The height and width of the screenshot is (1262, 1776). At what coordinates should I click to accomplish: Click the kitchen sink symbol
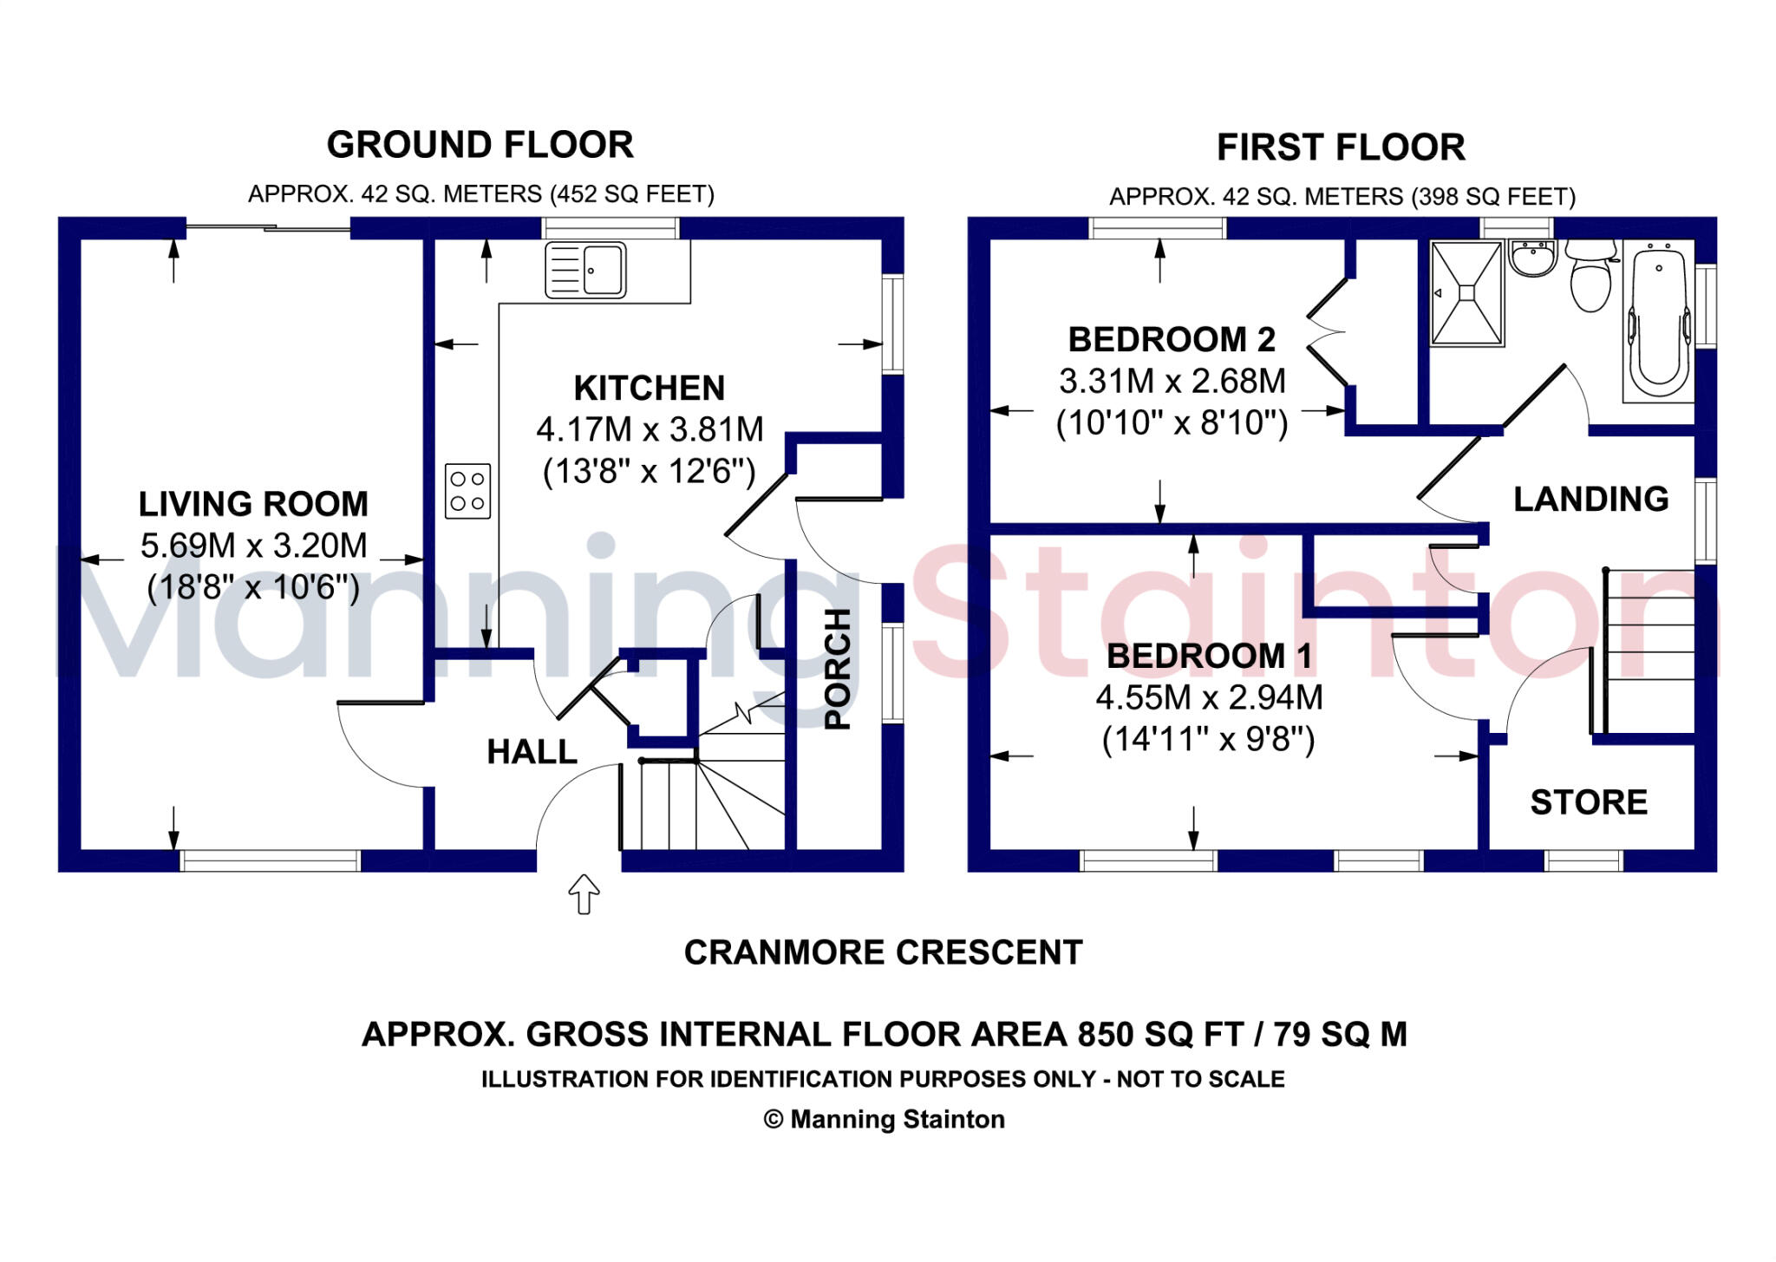[x=585, y=271]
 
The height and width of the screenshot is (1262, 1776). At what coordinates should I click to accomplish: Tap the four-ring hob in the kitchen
[x=467, y=491]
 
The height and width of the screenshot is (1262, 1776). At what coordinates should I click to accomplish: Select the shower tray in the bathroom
[x=1466, y=293]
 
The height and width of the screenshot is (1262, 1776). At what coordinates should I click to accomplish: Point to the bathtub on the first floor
[x=1659, y=321]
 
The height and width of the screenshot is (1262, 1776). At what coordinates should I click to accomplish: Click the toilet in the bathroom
[x=1591, y=275]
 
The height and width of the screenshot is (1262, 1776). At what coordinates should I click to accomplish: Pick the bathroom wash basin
[x=1533, y=258]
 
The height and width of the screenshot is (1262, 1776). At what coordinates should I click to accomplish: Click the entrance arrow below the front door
[x=584, y=893]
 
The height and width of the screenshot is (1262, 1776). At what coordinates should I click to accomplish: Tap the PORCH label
[x=837, y=669]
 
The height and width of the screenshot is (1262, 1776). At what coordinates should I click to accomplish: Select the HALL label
[x=532, y=752]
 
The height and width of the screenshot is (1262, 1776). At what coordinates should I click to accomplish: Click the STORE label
[x=1589, y=802]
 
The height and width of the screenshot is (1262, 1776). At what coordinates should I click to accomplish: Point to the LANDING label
[x=1591, y=499]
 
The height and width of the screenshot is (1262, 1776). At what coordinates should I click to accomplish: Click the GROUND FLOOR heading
[x=480, y=145]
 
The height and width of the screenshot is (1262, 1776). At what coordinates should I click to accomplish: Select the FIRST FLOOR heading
[x=1341, y=147]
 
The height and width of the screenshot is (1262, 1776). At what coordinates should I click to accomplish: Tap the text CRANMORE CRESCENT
[x=883, y=952]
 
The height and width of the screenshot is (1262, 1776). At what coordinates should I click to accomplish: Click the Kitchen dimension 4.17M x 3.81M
[x=650, y=429]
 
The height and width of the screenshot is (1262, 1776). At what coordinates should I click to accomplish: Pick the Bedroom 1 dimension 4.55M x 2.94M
[x=1209, y=697]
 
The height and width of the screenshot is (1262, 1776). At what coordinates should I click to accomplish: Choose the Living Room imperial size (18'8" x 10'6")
[x=253, y=588]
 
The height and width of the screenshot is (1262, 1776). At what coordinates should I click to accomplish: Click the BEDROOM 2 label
[x=1172, y=339]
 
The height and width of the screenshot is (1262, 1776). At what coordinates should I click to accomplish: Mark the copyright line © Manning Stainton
[x=884, y=1120]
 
